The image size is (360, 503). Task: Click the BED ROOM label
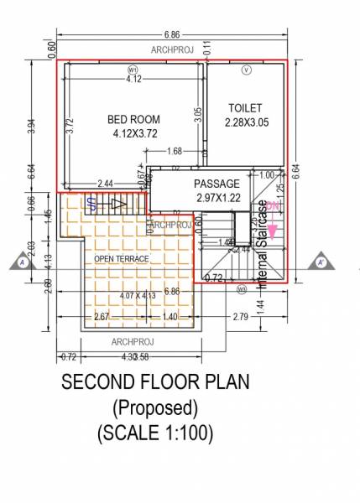pos(134,119)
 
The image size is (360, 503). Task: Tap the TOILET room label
pos(245,108)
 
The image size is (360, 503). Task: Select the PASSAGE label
pos(217,184)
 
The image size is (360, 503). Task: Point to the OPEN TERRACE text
pos(121,258)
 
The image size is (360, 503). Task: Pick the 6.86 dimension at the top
pos(173,34)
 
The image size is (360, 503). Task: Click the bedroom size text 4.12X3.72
pos(133,133)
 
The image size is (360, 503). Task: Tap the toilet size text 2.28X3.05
pos(245,122)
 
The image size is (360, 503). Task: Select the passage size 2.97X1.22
pos(217,197)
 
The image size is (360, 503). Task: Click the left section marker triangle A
pos(21,262)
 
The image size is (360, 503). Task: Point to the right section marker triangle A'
pos(321,262)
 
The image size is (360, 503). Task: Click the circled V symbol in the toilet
pos(246,70)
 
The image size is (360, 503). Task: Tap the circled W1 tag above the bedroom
pos(133,70)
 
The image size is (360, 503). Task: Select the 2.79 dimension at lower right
pos(241,317)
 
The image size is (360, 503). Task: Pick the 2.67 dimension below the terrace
pos(101,317)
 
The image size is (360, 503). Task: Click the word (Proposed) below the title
pos(154,408)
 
